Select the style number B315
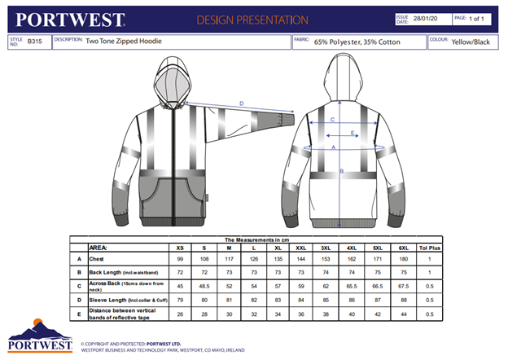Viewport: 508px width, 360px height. pos(33,41)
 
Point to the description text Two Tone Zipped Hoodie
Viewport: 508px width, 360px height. pos(122,41)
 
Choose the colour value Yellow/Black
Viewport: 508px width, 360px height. pos(471,41)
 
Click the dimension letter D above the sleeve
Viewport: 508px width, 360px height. pos(241,103)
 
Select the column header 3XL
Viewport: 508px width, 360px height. pos(325,247)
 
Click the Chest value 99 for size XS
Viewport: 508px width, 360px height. pos(180,258)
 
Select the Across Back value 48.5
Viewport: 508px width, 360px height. pos(204,286)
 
